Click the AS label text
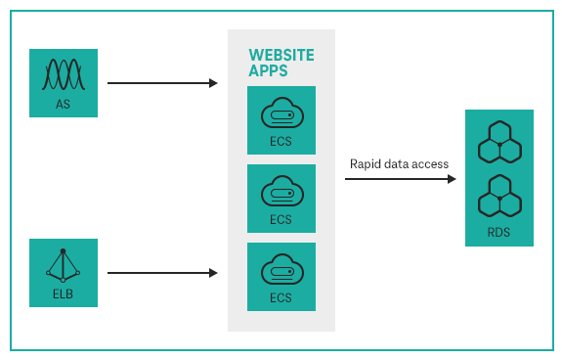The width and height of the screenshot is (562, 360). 64,103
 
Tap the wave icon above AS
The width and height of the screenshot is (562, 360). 64,74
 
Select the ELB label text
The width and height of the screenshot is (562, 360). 64,292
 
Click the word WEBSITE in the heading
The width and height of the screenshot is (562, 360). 281,54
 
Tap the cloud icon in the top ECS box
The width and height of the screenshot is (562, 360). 281,114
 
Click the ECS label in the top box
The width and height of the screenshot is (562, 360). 281,141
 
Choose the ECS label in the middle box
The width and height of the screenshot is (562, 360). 281,219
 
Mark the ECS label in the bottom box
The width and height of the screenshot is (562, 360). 281,297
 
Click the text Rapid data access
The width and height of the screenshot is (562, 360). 399,163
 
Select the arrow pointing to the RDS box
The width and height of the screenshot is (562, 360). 400,179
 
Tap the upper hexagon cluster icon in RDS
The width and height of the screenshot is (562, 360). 499,144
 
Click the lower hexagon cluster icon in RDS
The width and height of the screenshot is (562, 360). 499,198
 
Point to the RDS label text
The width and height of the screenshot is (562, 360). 499,232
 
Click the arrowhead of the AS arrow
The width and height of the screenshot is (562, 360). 214,83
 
